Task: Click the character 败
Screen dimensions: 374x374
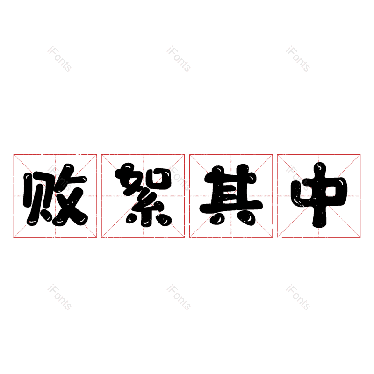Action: tap(55, 195)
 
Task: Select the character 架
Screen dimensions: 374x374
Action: tap(143, 195)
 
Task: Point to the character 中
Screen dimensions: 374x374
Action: tap(319, 195)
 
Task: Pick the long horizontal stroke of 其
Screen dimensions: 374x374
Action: tap(231, 206)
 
